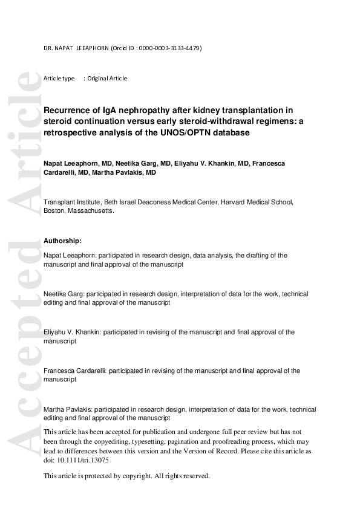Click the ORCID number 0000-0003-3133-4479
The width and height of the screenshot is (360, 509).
[x=170, y=48]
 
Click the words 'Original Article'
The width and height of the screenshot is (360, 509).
[x=107, y=79]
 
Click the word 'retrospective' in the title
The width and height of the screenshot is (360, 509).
[x=68, y=132]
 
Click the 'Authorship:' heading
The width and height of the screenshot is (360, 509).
[x=62, y=241]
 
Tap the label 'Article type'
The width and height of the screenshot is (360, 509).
[x=59, y=79]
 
